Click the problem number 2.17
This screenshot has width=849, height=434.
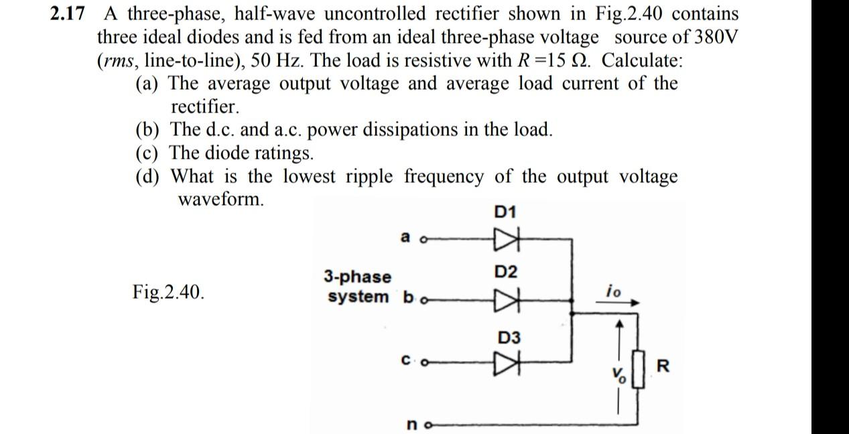68,14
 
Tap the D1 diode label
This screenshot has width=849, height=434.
505,212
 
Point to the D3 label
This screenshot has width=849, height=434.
509,337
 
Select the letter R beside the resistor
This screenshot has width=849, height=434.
663,366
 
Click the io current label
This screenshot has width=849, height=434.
612,291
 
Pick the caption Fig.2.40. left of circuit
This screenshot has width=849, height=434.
168,293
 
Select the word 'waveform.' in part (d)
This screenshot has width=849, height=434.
220,199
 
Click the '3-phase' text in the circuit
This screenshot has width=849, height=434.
358,277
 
